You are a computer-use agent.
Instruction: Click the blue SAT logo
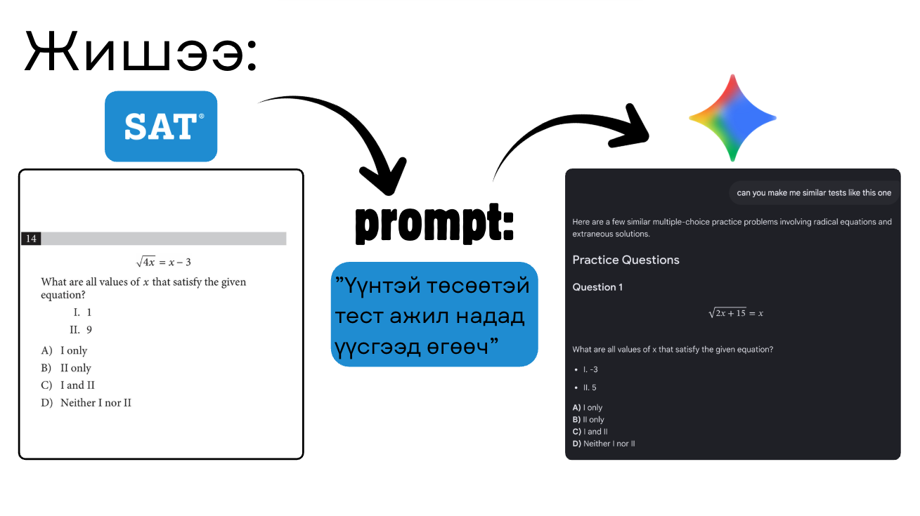161,126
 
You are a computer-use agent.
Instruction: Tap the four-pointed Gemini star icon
733,118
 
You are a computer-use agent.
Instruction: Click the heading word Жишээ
141,52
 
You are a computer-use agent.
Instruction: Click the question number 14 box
31,239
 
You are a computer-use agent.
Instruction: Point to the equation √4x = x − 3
164,262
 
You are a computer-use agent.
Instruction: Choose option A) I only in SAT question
64,350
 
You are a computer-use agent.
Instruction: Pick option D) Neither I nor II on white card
86,403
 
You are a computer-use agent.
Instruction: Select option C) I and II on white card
67,385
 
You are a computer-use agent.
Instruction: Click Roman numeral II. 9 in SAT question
81,330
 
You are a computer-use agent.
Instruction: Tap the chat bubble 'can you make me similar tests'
814,193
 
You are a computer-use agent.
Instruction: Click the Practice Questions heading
626,260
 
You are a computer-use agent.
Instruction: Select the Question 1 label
597,287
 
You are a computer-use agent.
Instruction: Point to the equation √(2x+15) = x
736,313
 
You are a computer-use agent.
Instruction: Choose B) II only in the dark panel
588,420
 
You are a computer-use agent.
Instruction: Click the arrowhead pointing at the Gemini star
631,127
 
